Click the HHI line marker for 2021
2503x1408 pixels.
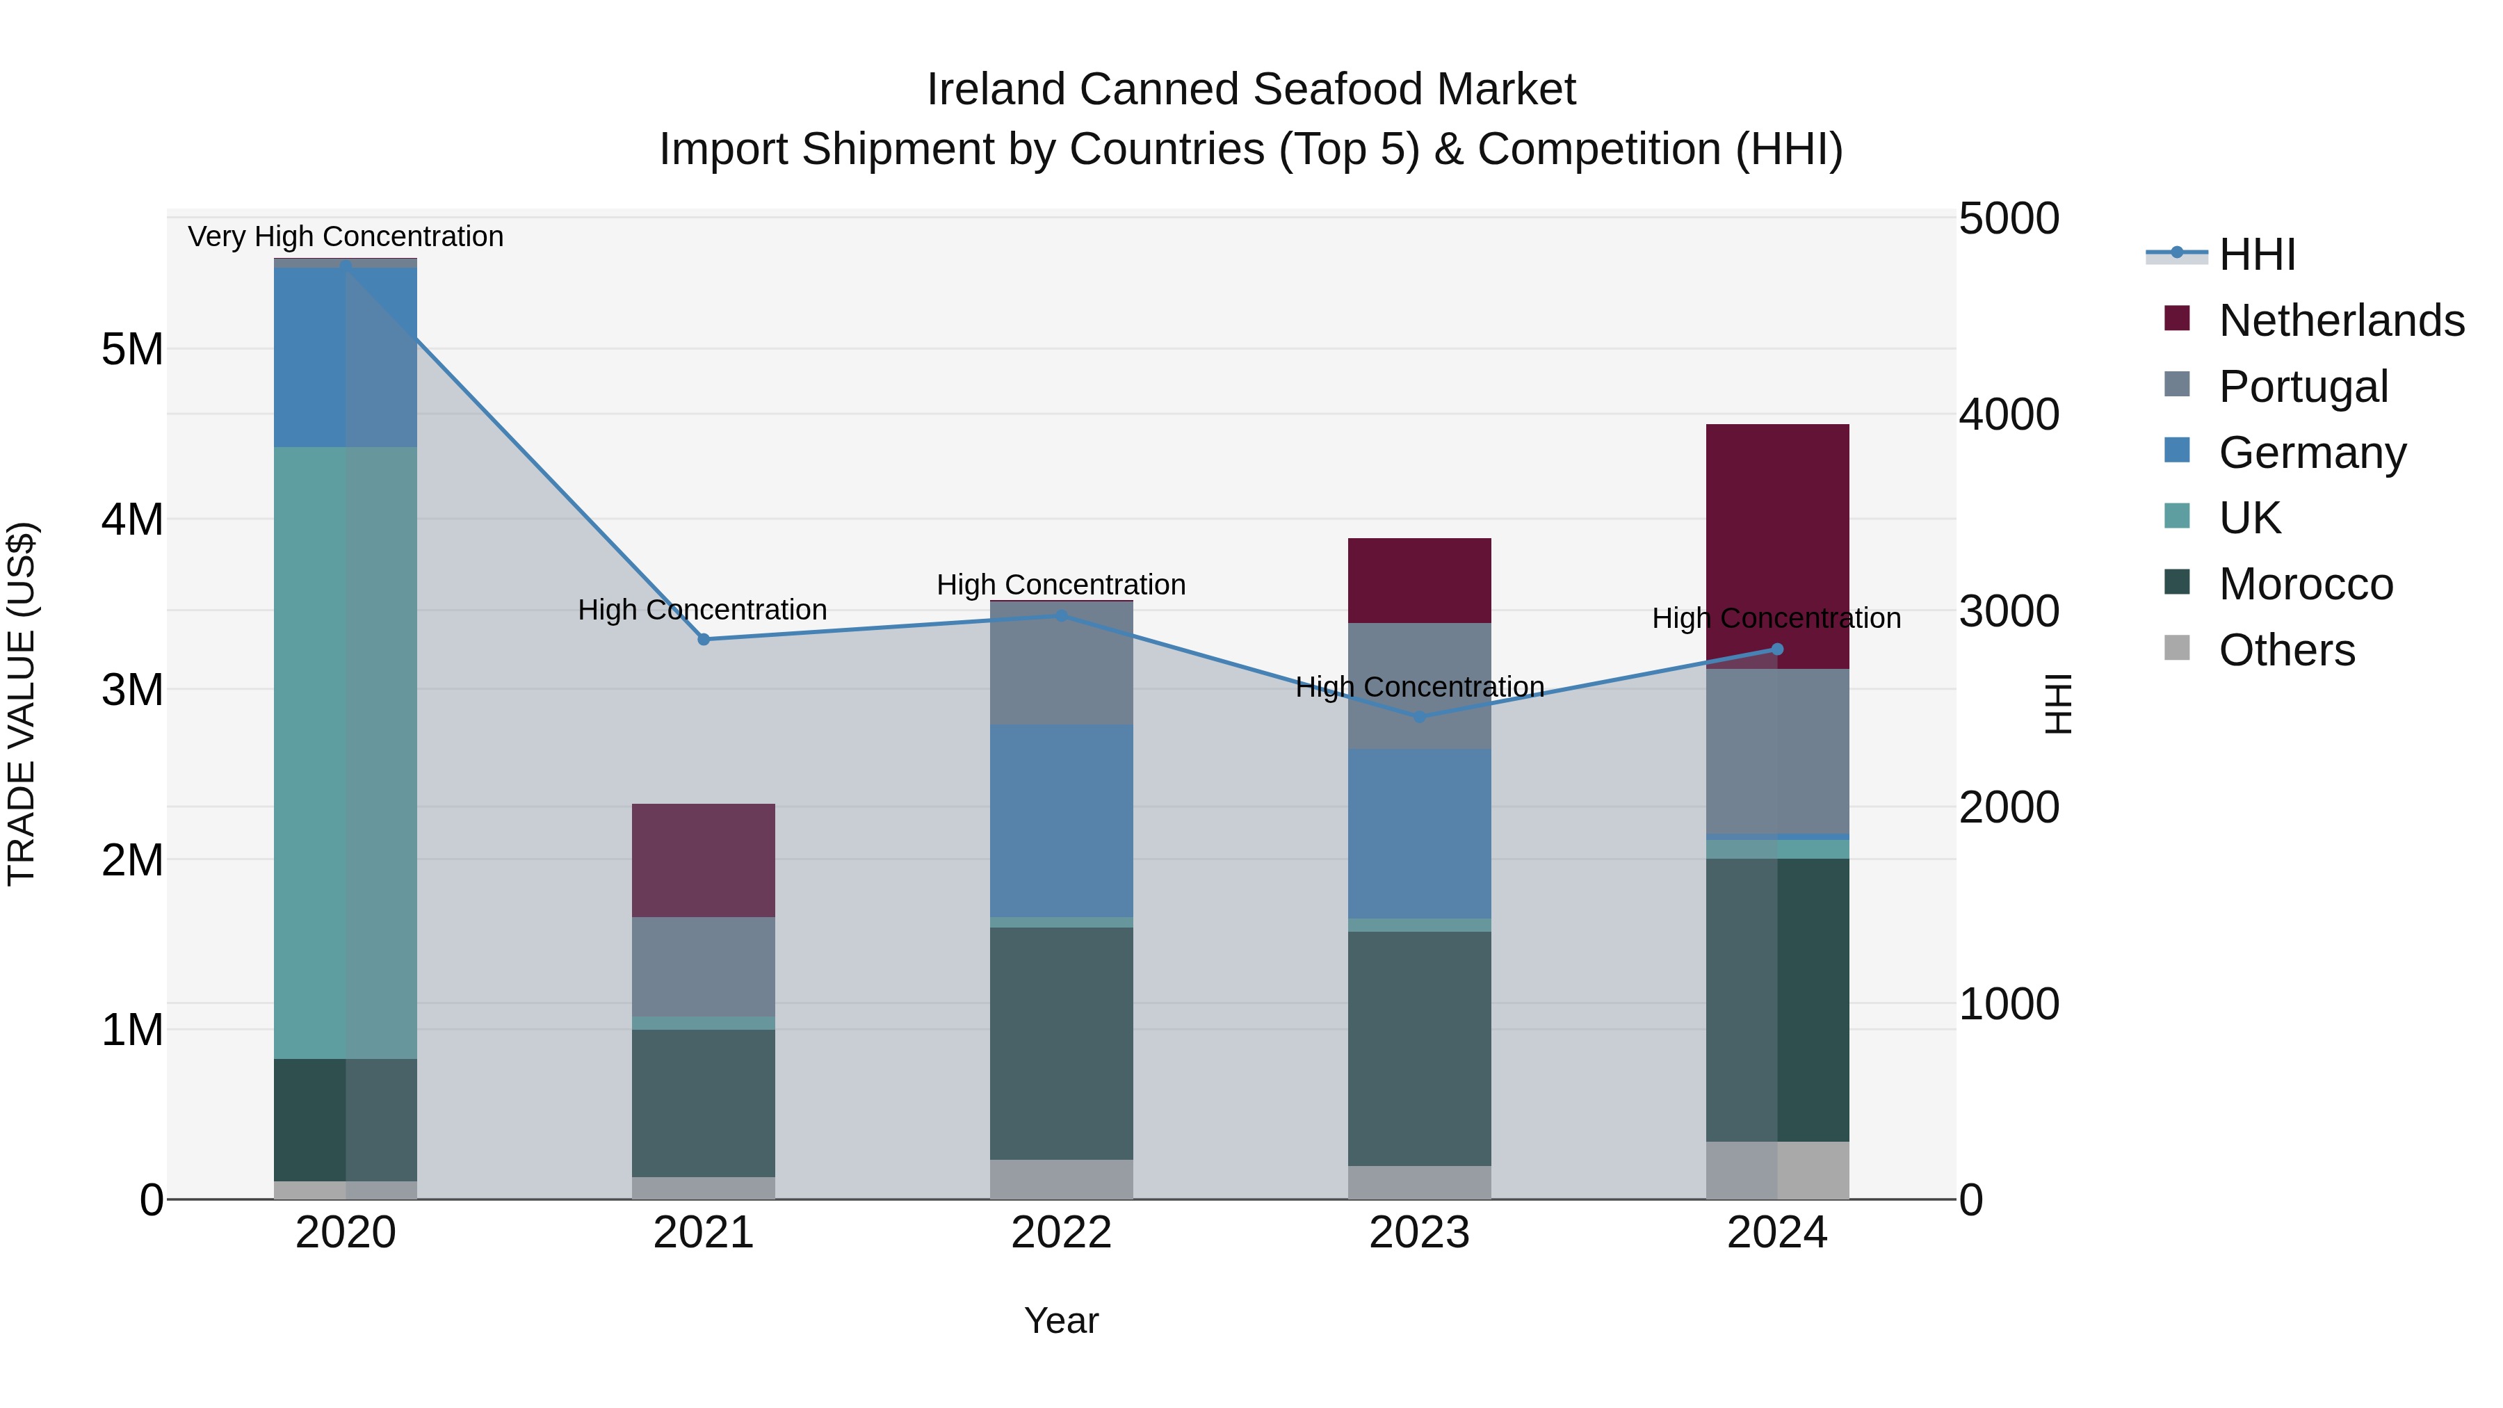pyautogui.click(x=704, y=640)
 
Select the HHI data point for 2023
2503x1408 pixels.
pyautogui.click(x=1418, y=717)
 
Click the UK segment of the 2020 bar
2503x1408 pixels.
pyautogui.click(x=345, y=753)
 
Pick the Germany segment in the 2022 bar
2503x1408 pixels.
pyautogui.click(x=1061, y=821)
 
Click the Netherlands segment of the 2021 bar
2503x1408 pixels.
pyautogui.click(x=704, y=860)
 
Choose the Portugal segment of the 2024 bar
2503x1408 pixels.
pyautogui.click(x=1777, y=751)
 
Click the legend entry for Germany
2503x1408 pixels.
pyautogui.click(x=2312, y=453)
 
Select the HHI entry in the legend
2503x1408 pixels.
pyautogui.click(x=2256, y=254)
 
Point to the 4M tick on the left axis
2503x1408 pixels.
pyautogui.click(x=132, y=519)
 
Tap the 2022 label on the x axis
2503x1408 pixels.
pyautogui.click(x=1061, y=1233)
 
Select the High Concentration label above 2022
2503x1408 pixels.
pyautogui.click(x=1061, y=585)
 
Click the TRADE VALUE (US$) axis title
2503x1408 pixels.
pyautogui.click(x=22, y=704)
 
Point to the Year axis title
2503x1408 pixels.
pyautogui.click(x=1061, y=1320)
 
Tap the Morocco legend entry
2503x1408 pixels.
pyautogui.click(x=2305, y=584)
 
